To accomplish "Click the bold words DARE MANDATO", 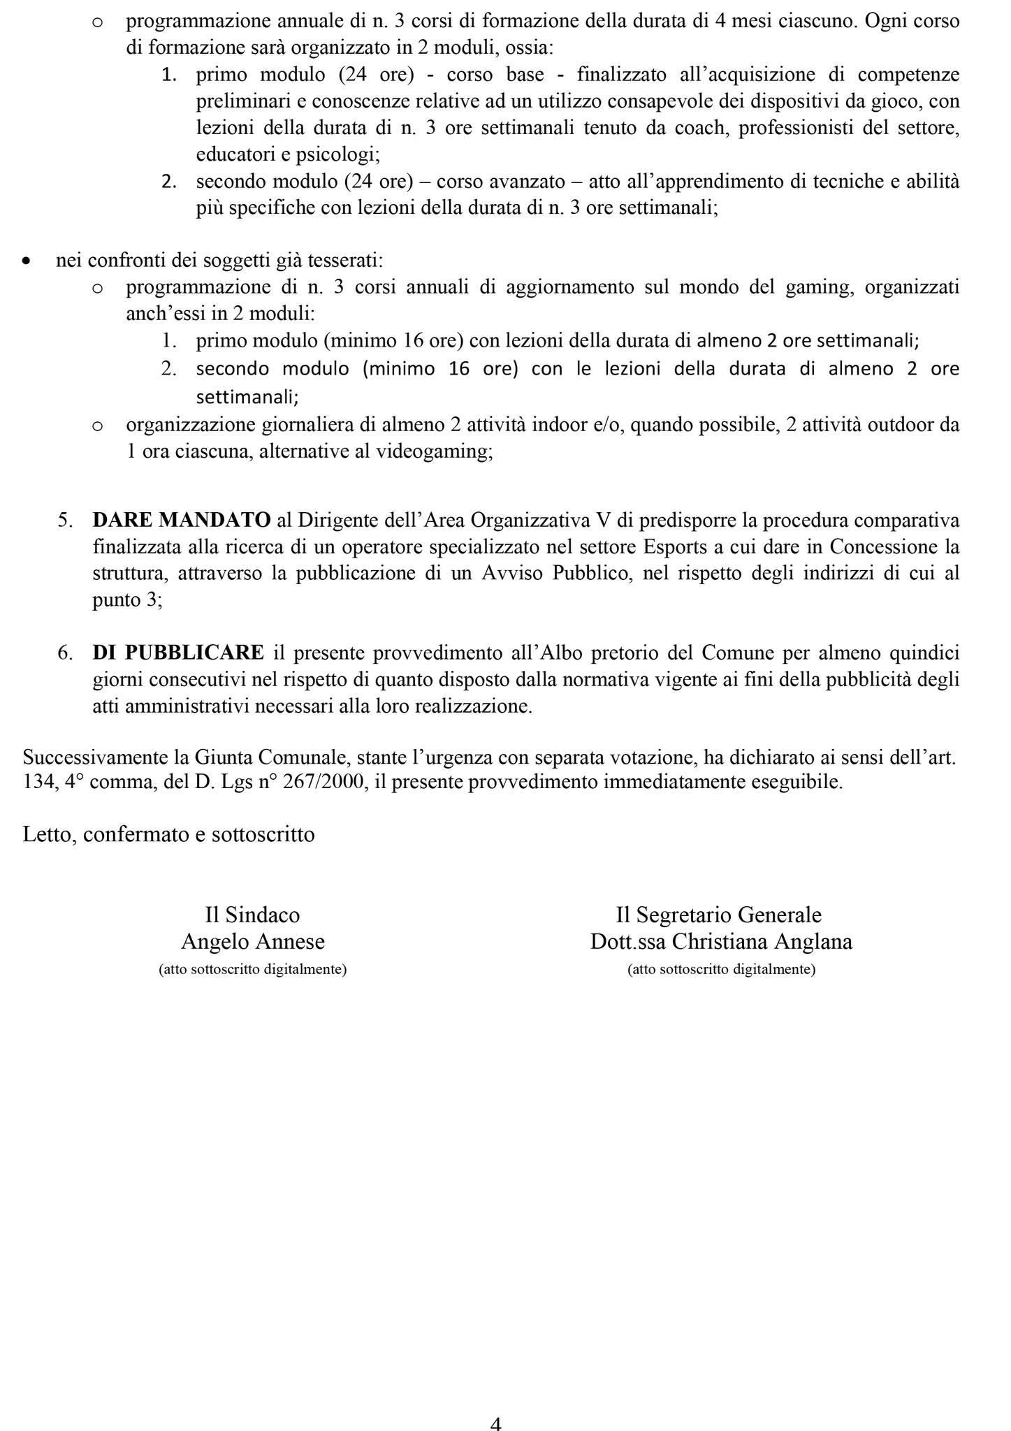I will (182, 520).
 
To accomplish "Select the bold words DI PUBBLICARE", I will (178, 653).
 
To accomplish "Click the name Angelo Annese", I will (253, 942).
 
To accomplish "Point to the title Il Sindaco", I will (252, 915).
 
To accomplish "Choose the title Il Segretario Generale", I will (718, 915).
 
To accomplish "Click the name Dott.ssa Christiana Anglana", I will (721, 942).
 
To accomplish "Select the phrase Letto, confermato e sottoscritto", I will (168, 834).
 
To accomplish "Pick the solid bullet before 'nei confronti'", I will (27, 261).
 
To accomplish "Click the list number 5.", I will (64, 520).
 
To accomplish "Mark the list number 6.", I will (64, 653).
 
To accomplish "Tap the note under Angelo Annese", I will (253, 970).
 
